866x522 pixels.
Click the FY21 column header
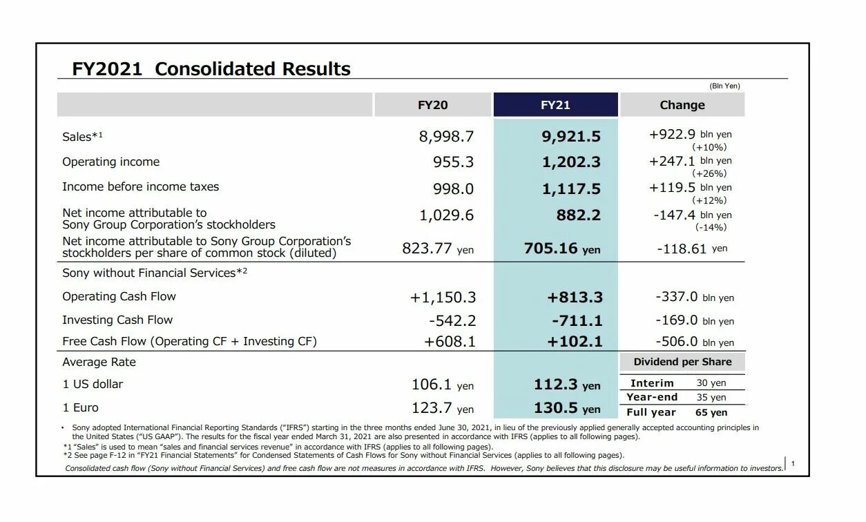click(555, 105)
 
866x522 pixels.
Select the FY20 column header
click(433, 105)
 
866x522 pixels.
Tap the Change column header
click(682, 105)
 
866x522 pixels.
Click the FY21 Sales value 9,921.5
click(571, 137)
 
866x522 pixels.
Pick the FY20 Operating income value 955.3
click(453, 162)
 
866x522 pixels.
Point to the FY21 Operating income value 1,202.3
click(571, 162)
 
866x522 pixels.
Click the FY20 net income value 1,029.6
click(446, 215)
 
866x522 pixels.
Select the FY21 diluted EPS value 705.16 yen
click(562, 249)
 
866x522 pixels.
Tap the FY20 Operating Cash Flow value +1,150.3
click(443, 298)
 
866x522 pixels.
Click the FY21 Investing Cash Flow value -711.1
click(577, 320)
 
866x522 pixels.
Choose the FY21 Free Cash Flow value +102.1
click(575, 342)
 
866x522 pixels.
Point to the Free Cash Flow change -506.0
click(677, 342)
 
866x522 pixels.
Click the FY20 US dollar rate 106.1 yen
click(443, 385)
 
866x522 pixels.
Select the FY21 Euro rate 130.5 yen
click(567, 408)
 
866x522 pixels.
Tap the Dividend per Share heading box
click(682, 362)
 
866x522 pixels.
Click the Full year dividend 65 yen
click(711, 412)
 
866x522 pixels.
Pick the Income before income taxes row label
click(140, 186)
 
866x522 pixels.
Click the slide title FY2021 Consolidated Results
click(211, 69)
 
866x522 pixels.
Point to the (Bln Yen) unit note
click(724, 86)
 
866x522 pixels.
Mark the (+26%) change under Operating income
click(709, 173)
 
